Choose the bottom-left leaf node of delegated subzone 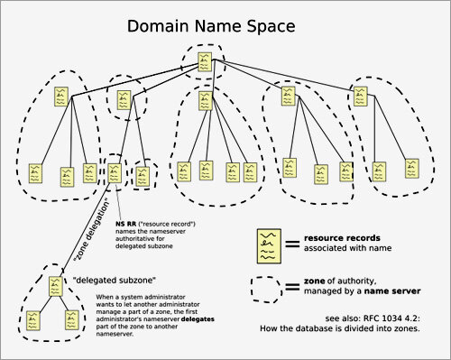coord(33,318)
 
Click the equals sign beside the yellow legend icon coord(292,241)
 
